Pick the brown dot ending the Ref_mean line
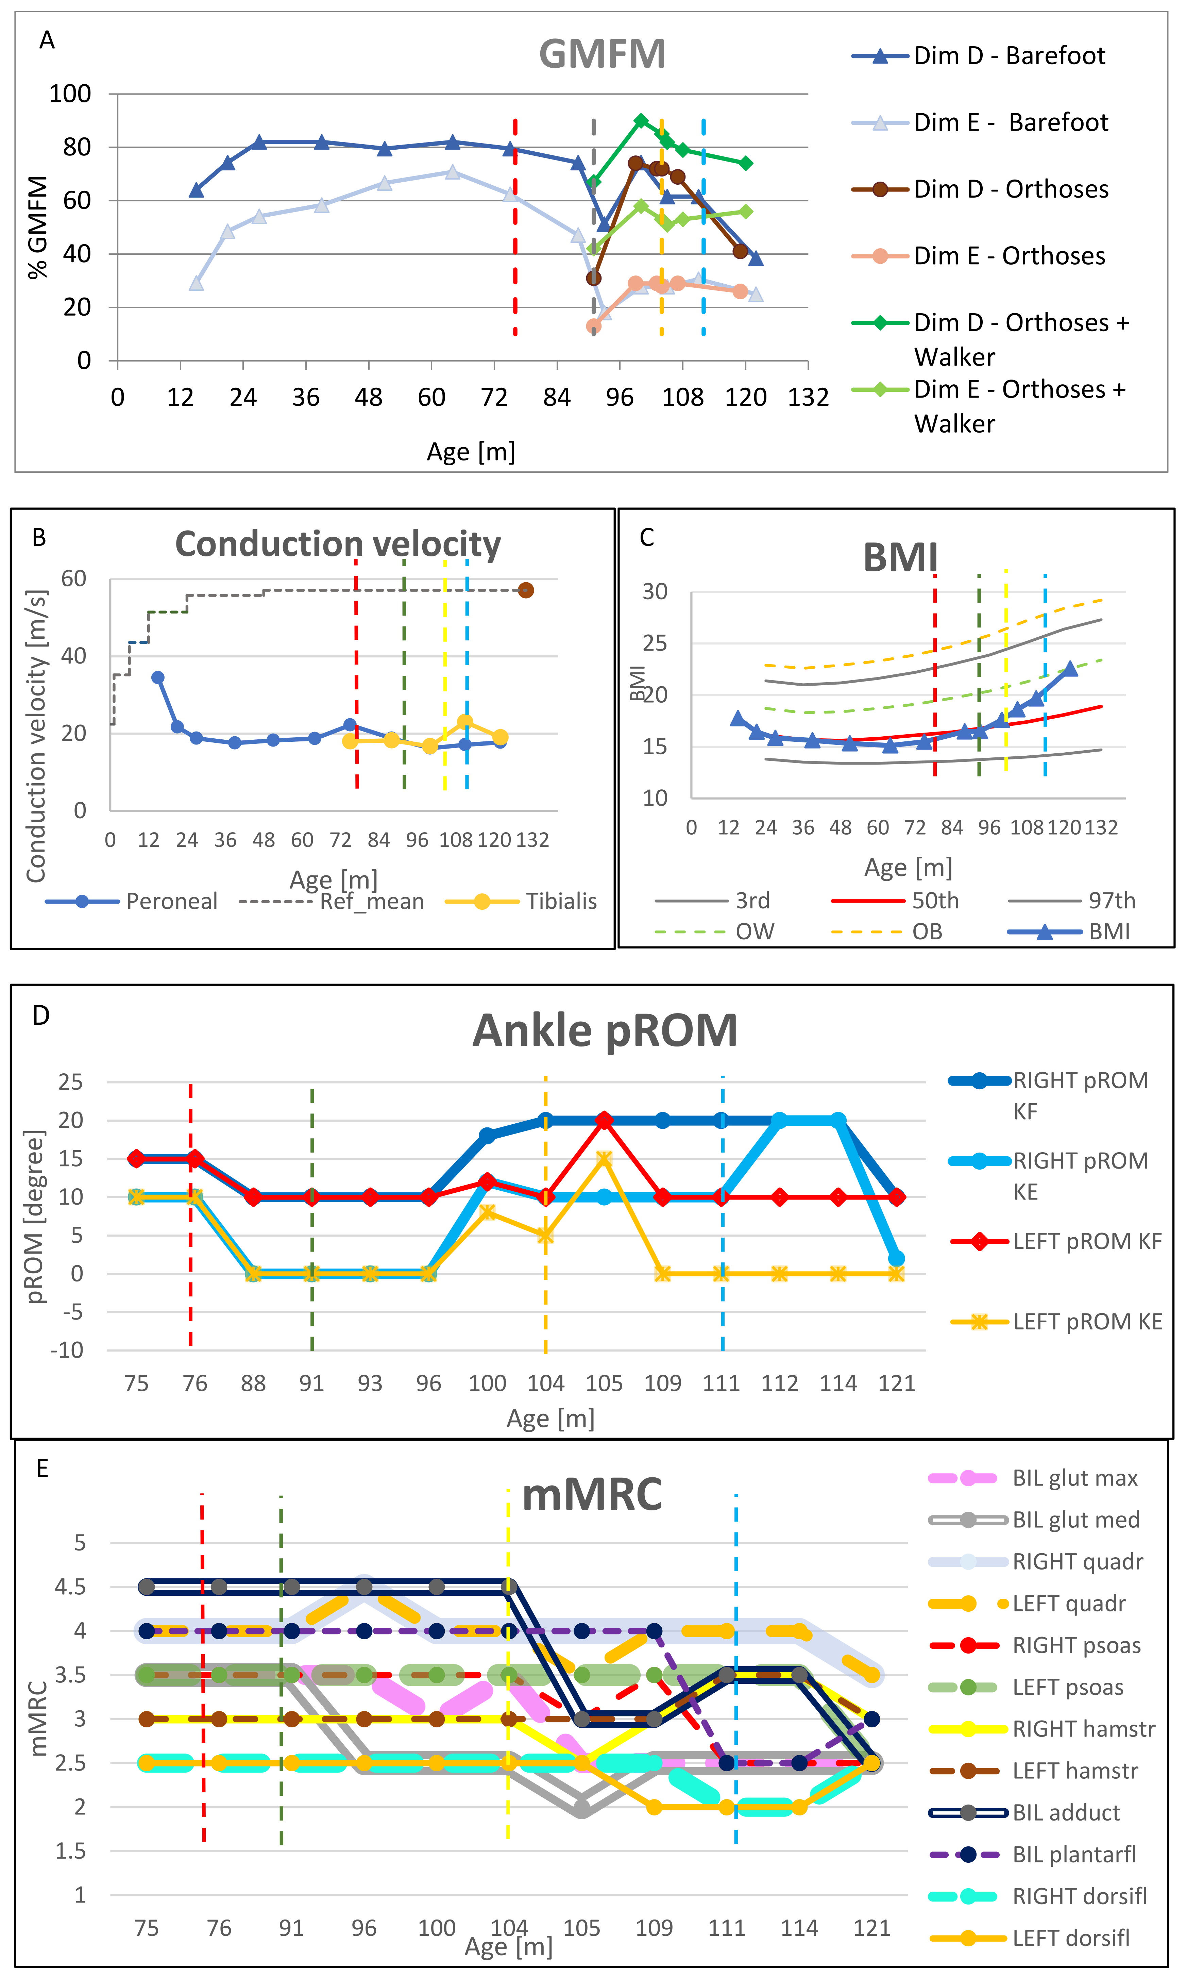(x=526, y=590)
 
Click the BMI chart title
(x=900, y=557)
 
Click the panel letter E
(x=43, y=1469)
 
